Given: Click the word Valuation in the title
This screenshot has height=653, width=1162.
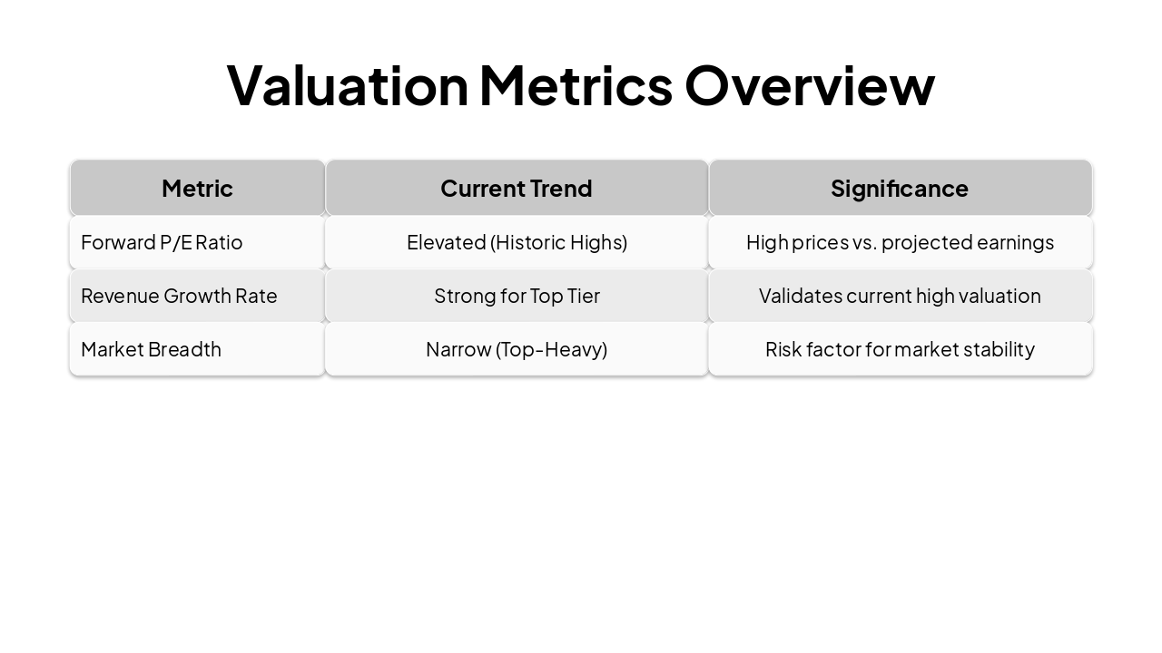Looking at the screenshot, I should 347,84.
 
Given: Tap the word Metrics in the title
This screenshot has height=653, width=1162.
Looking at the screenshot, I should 576,84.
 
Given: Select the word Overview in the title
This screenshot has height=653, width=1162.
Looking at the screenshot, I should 809,84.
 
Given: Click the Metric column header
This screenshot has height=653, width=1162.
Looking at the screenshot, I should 197,188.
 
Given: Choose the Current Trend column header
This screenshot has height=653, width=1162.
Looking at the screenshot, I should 517,188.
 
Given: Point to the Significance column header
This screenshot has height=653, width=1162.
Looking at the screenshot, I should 900,188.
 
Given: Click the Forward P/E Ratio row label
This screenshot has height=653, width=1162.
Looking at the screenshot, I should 162,242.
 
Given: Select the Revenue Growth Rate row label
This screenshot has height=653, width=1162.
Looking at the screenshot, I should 179,296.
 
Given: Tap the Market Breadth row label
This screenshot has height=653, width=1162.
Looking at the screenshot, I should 151,349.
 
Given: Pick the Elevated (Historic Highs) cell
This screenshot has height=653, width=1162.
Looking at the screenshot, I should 517,242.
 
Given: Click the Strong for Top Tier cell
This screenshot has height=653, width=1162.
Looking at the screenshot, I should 517,296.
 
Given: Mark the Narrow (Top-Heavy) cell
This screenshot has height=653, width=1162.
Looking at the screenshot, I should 517,349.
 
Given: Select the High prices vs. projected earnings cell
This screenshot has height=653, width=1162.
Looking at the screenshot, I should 900,242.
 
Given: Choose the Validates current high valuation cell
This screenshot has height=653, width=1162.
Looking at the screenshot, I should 900,296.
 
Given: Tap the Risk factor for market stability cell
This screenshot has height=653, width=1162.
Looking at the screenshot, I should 900,349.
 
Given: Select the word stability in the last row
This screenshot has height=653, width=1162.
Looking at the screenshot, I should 999,349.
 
